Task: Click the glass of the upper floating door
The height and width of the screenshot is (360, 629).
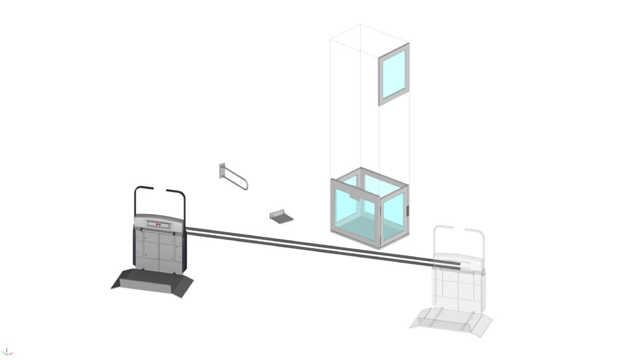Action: click(393, 74)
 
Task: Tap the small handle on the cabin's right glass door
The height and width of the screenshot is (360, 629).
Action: click(407, 212)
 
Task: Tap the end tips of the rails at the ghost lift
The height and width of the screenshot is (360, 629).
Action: click(459, 265)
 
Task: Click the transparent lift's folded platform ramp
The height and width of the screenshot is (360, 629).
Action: click(451, 320)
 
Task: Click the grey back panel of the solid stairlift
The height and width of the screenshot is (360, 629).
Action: click(158, 249)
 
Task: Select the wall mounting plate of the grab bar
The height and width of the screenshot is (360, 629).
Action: click(222, 170)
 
